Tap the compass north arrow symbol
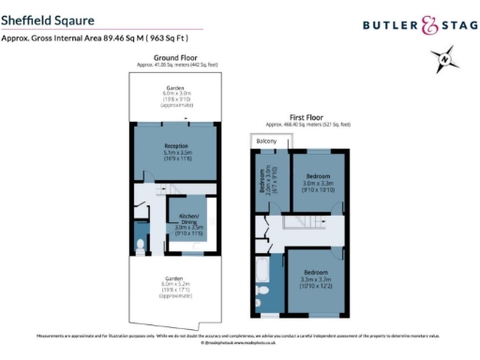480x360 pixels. [443, 63]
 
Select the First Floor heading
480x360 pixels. [307, 117]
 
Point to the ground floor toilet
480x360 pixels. [141, 247]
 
